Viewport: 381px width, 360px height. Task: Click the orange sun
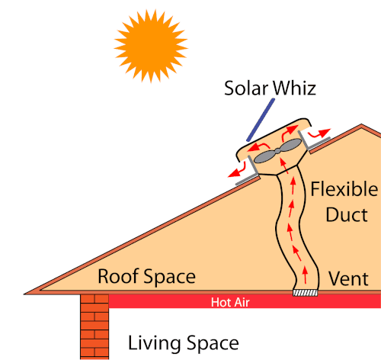151,47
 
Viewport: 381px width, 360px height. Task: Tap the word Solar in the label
246,88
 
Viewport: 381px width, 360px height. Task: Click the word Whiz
295,88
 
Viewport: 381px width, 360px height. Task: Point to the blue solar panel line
261,120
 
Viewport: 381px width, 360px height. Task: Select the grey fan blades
278,151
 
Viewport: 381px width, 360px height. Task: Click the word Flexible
344,189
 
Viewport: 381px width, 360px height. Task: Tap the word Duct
347,215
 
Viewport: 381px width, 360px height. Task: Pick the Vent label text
348,278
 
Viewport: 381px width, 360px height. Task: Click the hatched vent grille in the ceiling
306,293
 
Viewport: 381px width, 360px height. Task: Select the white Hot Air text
230,302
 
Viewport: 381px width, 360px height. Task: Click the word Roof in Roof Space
118,276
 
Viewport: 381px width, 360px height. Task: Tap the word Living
155,343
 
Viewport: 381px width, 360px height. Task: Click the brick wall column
94,326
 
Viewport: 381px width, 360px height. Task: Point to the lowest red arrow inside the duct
305,275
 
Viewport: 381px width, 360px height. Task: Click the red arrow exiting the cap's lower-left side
237,170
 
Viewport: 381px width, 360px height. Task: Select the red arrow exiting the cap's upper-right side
319,133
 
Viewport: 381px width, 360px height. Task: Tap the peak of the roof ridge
361,125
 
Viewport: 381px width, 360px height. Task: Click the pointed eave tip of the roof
24,294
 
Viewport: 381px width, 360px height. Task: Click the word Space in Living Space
213,343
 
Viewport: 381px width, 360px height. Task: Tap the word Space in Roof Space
169,277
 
